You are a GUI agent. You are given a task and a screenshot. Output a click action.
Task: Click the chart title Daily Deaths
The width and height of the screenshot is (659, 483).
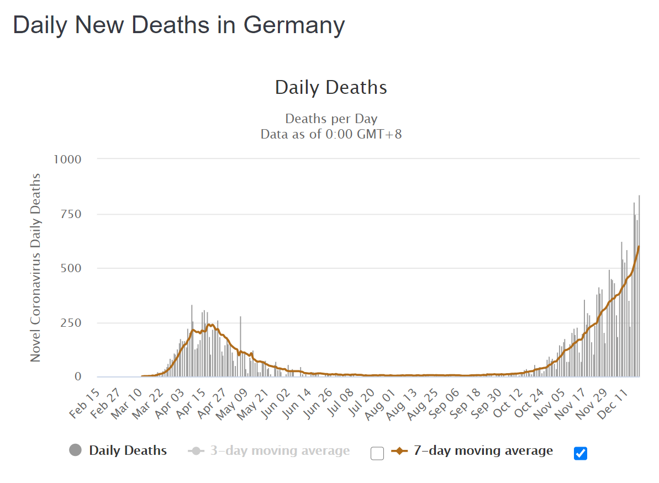click(x=331, y=87)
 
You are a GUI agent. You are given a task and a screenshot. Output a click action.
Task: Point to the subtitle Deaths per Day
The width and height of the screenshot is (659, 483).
click(x=331, y=119)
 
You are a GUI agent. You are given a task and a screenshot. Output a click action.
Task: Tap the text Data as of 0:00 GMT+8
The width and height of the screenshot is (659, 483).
click(x=331, y=134)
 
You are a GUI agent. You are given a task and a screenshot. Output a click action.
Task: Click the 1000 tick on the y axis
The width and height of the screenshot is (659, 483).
click(x=67, y=160)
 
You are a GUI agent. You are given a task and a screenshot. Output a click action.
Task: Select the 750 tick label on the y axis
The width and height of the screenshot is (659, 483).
click(x=70, y=214)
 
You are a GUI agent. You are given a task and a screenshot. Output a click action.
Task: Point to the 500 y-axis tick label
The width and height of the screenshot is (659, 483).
click(x=70, y=268)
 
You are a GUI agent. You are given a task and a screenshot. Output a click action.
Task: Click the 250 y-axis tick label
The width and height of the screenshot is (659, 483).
click(x=70, y=323)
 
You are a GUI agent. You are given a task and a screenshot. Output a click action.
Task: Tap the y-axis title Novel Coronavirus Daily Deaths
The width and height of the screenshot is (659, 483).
click(x=35, y=267)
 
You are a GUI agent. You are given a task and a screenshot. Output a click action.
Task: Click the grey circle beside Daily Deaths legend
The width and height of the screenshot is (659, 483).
click(x=75, y=450)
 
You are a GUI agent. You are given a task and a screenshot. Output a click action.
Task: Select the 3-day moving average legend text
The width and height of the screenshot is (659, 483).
click(x=280, y=451)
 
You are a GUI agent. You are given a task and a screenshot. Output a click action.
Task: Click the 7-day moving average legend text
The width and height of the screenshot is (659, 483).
click(x=483, y=451)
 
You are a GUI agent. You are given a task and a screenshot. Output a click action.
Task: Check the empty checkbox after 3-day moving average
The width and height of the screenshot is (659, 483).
click(x=377, y=453)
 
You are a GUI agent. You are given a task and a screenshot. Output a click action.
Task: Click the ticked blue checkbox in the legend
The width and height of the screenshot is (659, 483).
click(x=581, y=453)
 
